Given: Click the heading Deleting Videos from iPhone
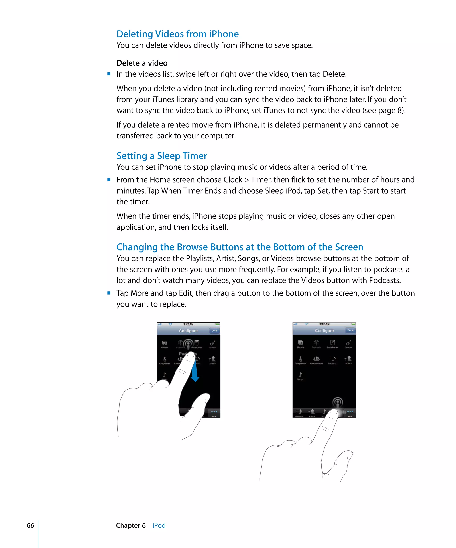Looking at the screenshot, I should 177,34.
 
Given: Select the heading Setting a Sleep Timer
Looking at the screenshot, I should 162,156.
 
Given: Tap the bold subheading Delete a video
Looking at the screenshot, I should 142,63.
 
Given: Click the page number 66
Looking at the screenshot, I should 30,525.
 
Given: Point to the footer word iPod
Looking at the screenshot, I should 159,525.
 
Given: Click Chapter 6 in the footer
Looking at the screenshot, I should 130,525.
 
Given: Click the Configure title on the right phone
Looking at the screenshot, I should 324,331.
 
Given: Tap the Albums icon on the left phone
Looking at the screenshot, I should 164,344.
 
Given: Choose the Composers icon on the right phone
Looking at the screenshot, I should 300,360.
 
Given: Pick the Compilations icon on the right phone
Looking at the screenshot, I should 316,360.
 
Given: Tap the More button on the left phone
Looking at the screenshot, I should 214,413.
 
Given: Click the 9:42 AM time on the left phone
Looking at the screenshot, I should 188,324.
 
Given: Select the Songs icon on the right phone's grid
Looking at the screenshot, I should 300,375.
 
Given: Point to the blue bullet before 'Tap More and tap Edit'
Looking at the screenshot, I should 109,293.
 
